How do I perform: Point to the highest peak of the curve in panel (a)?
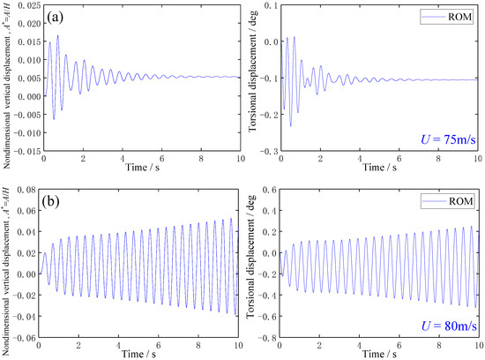pyautogui.click(x=57, y=36)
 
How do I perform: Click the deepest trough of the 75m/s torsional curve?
pyautogui.click(x=290, y=126)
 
